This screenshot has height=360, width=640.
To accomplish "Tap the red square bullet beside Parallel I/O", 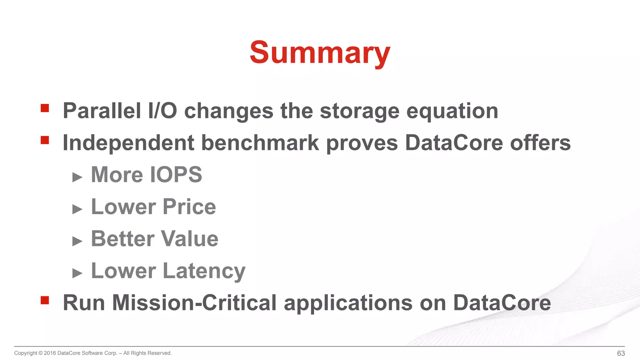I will point(45,108).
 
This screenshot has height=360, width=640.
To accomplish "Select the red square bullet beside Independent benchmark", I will point(45,140).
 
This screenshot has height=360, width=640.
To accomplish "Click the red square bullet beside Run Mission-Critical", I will point(45,300).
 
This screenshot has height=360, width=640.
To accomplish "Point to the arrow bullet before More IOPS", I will point(77,177).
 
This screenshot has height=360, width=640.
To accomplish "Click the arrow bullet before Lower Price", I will point(77,209).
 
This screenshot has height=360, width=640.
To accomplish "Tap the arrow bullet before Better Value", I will point(77,241).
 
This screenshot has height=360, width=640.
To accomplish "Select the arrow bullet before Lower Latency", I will point(77,273).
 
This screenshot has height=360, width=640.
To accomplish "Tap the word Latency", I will point(204,271).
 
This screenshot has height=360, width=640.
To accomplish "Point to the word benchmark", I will point(260,143).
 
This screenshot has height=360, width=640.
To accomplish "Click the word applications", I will point(348,303).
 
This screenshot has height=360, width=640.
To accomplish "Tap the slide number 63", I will point(621,353).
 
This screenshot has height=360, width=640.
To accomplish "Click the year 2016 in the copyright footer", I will point(50,353).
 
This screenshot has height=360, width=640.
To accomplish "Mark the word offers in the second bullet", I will point(540,143).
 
